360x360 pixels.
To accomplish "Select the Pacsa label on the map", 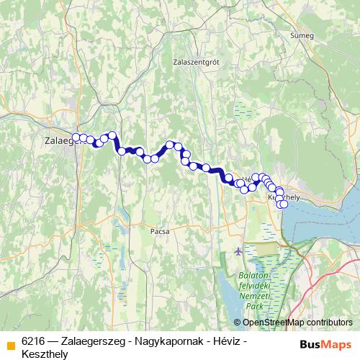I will coord(160,233).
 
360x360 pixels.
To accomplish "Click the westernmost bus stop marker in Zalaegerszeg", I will coord(75,137).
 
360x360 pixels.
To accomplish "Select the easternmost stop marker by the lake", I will coord(284,204).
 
